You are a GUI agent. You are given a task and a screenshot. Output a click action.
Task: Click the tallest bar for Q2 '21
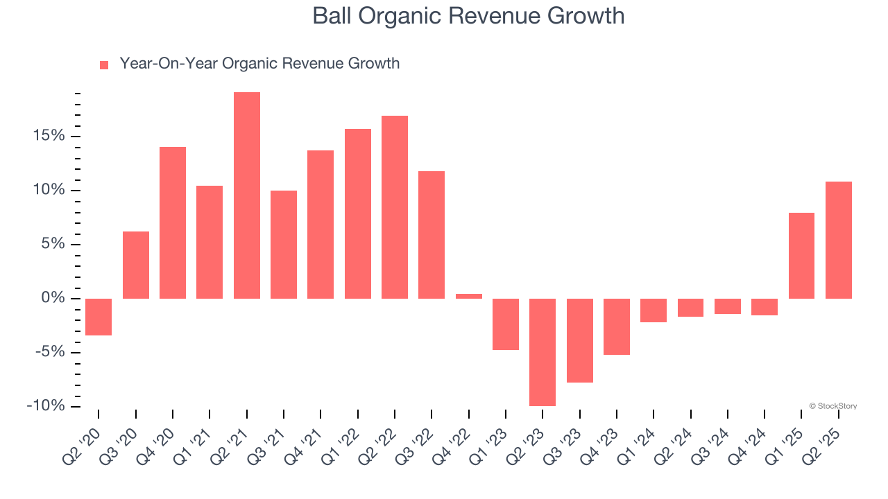[x=246, y=195]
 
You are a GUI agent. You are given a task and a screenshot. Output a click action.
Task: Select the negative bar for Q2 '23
[x=543, y=352]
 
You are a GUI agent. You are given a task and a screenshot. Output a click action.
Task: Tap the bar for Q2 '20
[x=99, y=317]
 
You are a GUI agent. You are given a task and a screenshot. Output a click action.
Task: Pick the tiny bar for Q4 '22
[x=469, y=296]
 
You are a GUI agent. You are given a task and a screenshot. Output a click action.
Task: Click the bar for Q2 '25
[x=839, y=240]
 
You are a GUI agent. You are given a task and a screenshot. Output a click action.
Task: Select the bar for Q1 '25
[x=801, y=256]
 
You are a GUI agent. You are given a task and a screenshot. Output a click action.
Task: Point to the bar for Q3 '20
[x=136, y=265]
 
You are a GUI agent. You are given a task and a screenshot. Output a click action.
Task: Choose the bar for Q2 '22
[x=395, y=207]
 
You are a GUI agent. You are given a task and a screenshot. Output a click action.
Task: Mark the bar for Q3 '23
[x=579, y=340]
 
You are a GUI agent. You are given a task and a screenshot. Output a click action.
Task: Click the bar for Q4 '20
[x=173, y=222]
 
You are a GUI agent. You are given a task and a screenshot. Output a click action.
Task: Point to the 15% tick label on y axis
[x=47, y=136]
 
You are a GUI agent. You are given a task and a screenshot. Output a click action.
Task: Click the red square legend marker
[x=104, y=65]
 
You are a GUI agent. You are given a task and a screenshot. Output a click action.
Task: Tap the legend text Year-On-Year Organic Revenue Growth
[x=259, y=64]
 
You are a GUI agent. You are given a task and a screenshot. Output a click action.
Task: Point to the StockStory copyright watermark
[x=832, y=406]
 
